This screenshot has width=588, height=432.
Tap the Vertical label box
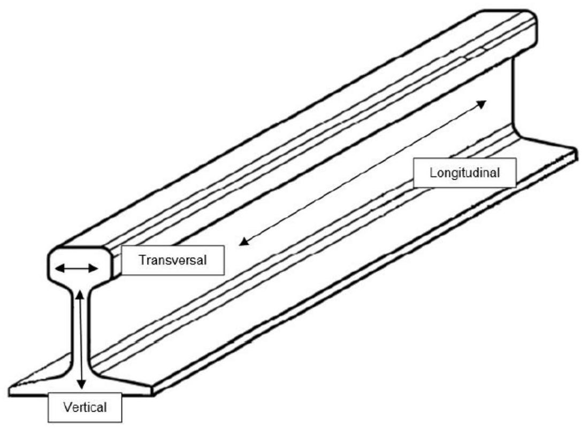(85, 407)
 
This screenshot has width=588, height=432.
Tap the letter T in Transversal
(142, 260)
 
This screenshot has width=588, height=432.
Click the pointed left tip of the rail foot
(12, 384)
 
